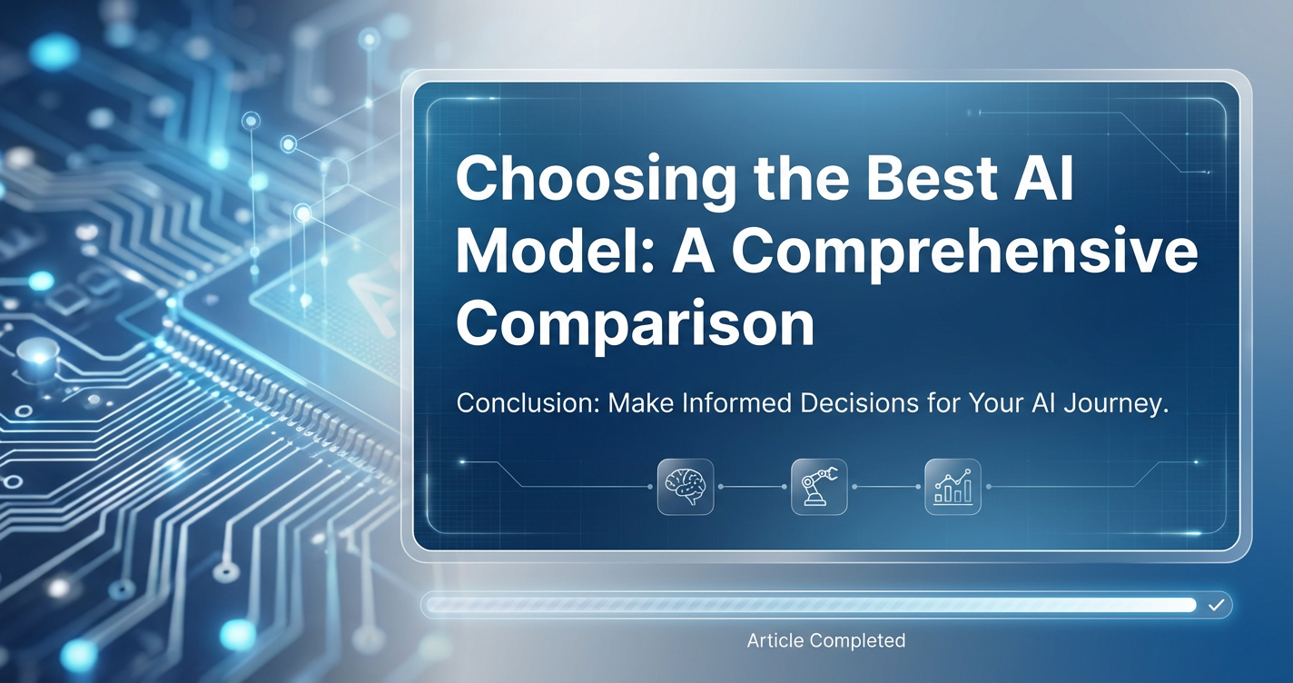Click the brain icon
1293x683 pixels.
(x=686, y=487)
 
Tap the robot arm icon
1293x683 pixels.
(x=819, y=487)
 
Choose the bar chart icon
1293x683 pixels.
(x=952, y=487)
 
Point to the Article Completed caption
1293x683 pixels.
(x=826, y=640)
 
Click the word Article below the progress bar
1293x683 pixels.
(x=775, y=640)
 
